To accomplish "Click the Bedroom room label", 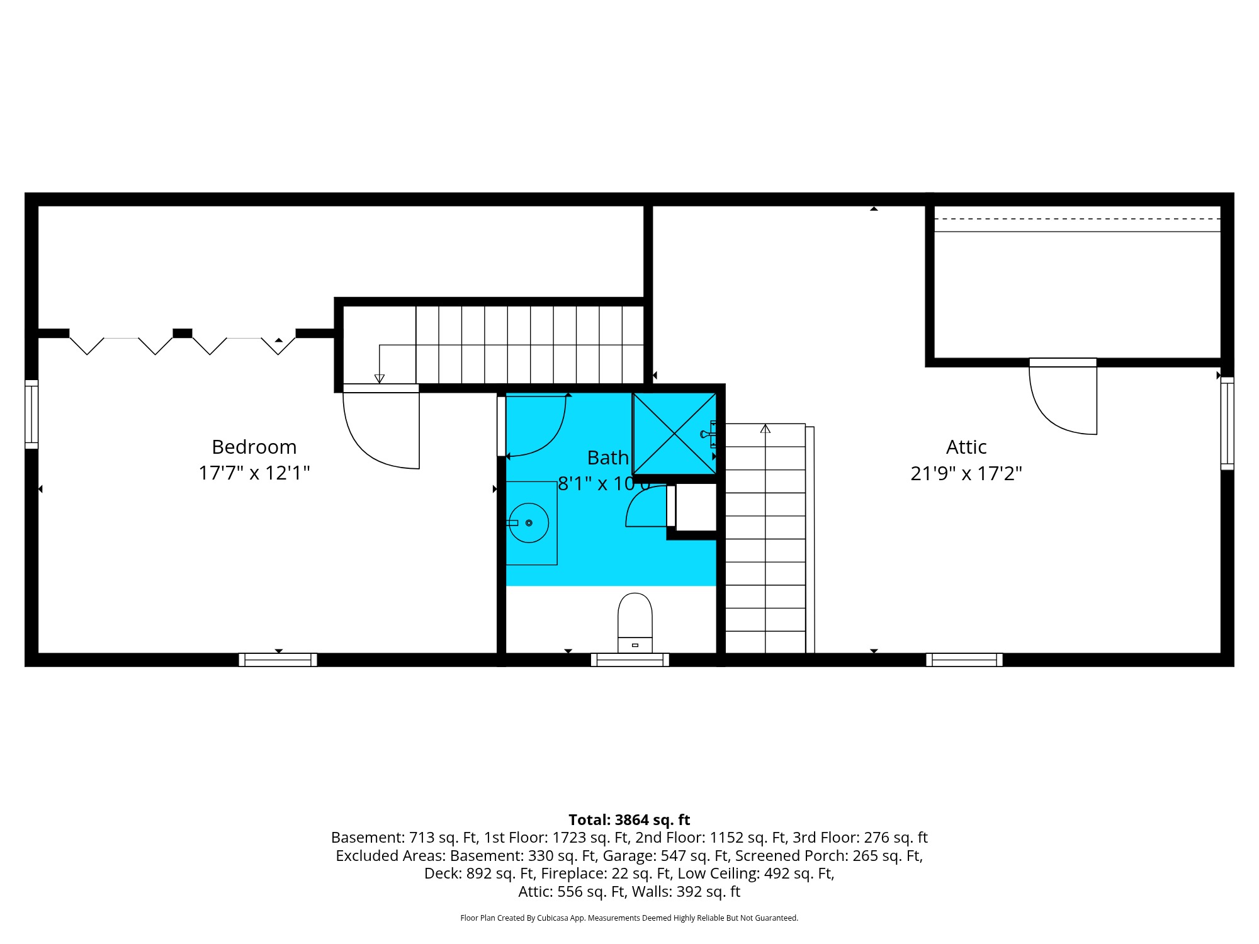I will tap(254, 447).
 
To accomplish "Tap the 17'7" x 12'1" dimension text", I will tap(254, 473).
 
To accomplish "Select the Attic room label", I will tap(966, 447).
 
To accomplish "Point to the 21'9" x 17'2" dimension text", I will tap(966, 473).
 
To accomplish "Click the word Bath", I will tap(607, 458).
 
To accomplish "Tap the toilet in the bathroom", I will tap(635, 623).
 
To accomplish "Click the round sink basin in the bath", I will tap(529, 523).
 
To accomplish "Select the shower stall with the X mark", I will tap(674, 434).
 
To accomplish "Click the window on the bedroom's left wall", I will tap(31, 414).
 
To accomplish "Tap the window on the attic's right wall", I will tap(1227, 423).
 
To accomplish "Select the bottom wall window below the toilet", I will tap(629, 660).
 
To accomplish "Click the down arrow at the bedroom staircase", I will tap(379, 378).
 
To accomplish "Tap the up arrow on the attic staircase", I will tap(765, 429).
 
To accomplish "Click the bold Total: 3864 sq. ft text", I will tap(629, 819).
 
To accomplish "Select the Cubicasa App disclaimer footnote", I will tap(629, 918).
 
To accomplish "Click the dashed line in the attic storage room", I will tap(1076, 219).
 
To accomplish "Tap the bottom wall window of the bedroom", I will tap(278, 660).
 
